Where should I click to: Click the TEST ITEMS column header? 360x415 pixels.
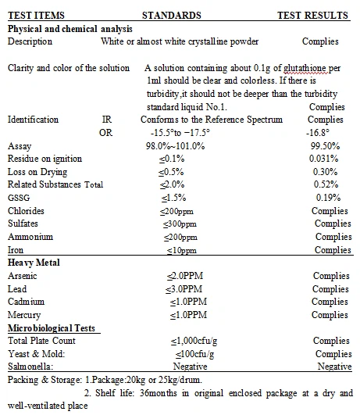(x=36, y=15)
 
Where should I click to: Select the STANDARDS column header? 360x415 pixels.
(x=171, y=15)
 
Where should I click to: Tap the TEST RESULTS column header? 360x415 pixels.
(x=313, y=15)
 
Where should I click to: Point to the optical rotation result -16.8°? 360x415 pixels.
(x=325, y=133)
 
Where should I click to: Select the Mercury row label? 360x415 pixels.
(x=25, y=315)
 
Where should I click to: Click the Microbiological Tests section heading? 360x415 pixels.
(x=52, y=328)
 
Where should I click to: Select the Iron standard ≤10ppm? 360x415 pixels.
(x=180, y=250)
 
